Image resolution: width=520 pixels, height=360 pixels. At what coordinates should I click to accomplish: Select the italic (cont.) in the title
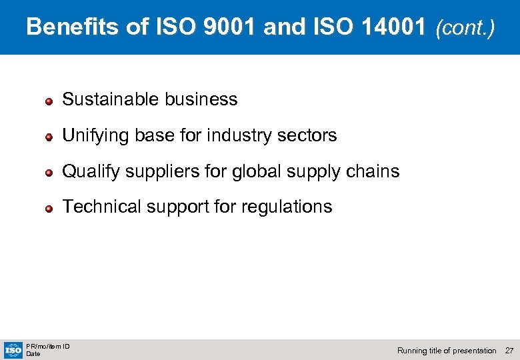pos(465,28)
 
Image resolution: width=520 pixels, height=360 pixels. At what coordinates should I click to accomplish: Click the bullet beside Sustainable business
pos(49,101)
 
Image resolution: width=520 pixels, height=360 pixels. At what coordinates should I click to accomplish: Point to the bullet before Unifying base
pos(49,137)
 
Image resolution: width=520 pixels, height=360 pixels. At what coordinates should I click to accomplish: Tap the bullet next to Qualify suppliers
pos(49,173)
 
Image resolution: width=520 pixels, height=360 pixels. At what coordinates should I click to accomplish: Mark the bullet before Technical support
pos(49,209)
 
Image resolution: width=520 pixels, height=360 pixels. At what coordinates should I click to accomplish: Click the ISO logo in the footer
pos(13,349)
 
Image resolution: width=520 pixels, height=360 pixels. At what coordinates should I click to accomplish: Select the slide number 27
pos(509,351)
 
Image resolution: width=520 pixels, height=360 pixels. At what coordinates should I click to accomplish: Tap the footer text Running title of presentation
pos(447,351)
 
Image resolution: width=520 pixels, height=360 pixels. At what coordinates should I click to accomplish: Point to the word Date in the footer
pos(33,354)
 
